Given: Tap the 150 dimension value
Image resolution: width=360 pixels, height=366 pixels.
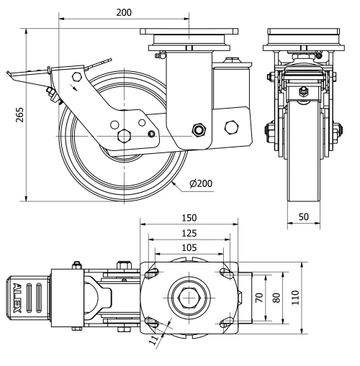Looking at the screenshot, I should coord(189,218).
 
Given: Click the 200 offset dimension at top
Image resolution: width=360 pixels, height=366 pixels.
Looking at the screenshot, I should coord(124,12).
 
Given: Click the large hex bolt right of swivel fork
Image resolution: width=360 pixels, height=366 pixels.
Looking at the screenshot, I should coord(231,127).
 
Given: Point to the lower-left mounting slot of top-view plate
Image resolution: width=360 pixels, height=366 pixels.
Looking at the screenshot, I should coord(151,321).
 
